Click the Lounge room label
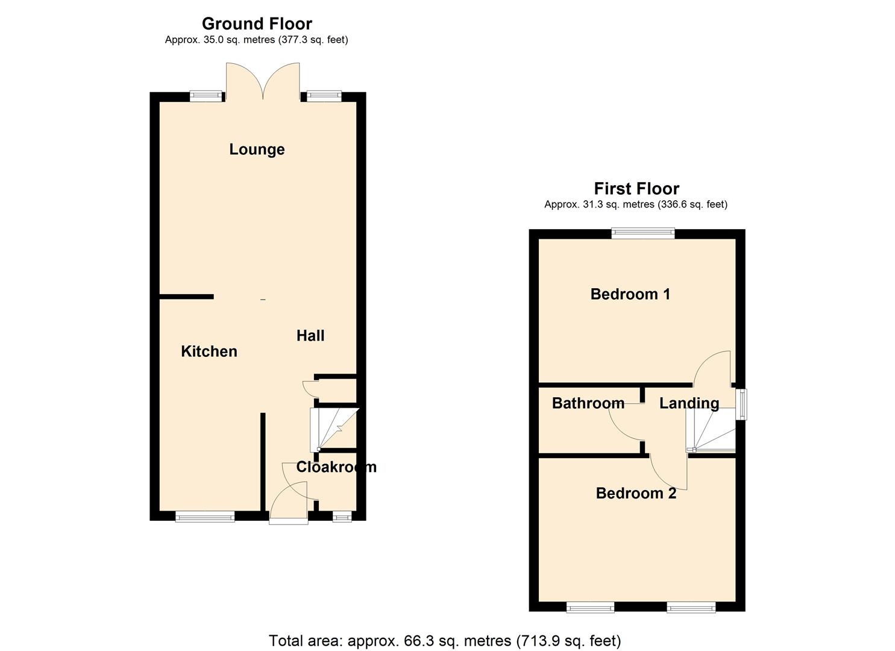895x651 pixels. (x=257, y=149)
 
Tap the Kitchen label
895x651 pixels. (x=209, y=351)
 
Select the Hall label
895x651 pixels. (x=310, y=336)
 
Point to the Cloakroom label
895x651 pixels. (x=336, y=467)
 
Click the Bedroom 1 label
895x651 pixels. (x=630, y=294)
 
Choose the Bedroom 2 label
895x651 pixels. (x=636, y=493)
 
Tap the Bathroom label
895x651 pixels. (x=588, y=403)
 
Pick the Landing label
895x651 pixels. (x=689, y=403)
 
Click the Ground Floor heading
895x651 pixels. (x=257, y=24)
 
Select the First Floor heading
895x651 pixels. (x=636, y=189)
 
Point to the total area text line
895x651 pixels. (x=445, y=640)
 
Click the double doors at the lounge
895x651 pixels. (x=263, y=82)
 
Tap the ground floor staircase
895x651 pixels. (x=333, y=429)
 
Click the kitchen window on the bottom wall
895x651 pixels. (x=205, y=516)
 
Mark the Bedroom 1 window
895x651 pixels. (x=643, y=233)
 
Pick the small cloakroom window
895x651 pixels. (x=342, y=516)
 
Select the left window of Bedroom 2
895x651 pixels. (x=590, y=607)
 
